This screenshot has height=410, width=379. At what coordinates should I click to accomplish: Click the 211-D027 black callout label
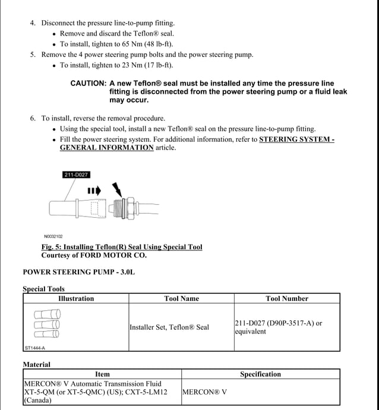(x=76, y=174)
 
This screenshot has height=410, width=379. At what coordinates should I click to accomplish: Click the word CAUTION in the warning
(x=88, y=84)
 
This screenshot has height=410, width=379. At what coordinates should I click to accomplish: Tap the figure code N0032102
(x=53, y=236)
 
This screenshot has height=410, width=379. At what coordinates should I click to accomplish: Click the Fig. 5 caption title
(x=121, y=247)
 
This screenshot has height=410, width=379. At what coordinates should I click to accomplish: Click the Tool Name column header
(x=181, y=298)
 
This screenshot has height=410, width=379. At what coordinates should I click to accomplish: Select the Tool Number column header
(x=287, y=298)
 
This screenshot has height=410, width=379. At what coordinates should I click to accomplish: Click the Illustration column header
(x=76, y=298)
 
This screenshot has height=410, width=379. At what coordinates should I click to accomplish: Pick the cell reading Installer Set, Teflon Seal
(x=169, y=327)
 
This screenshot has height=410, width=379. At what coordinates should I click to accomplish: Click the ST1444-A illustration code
(x=34, y=348)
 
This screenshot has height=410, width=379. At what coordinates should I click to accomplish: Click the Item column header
(x=102, y=374)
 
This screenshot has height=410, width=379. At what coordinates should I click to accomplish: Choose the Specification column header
(x=260, y=374)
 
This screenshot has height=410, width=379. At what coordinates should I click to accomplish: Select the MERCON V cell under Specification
(x=204, y=392)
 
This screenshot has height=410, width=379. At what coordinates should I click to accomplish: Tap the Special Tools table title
(x=44, y=289)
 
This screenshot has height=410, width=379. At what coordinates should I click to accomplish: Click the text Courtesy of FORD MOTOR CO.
(x=93, y=255)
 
